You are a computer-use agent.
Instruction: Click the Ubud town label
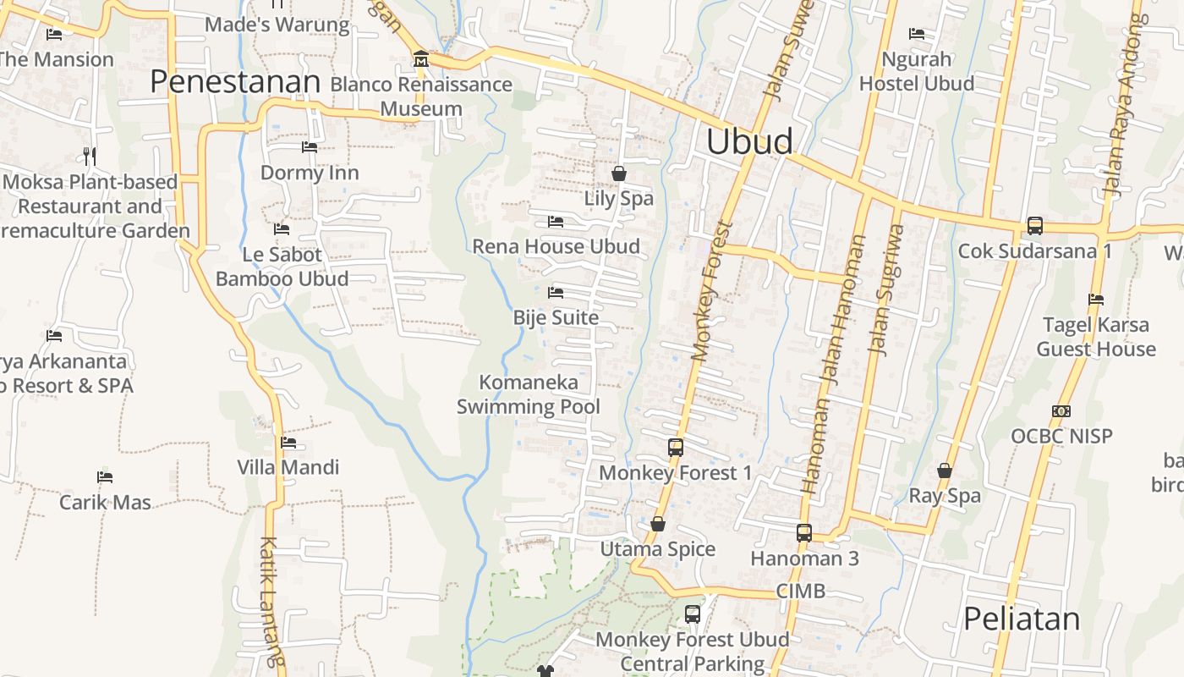pyautogui.click(x=749, y=141)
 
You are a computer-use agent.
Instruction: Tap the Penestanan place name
pyautogui.click(x=235, y=82)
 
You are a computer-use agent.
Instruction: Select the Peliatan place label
pyautogui.click(x=1022, y=619)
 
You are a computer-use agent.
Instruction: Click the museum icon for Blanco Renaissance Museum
pyautogui.click(x=420, y=59)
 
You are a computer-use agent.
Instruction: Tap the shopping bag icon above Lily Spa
pyautogui.click(x=619, y=173)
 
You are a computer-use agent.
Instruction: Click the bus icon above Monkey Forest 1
pyautogui.click(x=675, y=448)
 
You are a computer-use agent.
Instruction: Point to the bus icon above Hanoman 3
pyautogui.click(x=804, y=533)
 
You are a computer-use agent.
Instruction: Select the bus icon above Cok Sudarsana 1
pyautogui.click(x=1035, y=226)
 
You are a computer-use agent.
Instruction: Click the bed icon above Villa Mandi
pyautogui.click(x=288, y=442)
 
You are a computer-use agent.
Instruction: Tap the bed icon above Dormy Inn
pyautogui.click(x=310, y=147)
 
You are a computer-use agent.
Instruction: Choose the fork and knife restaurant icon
pyautogui.click(x=90, y=156)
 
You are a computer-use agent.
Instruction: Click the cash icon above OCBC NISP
pyautogui.click(x=1061, y=411)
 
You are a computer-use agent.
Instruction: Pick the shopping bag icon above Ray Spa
pyautogui.click(x=945, y=471)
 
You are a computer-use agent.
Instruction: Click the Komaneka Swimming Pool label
pyautogui.click(x=529, y=394)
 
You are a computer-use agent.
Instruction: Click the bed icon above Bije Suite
pyautogui.click(x=556, y=293)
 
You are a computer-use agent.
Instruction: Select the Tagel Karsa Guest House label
pyautogui.click(x=1096, y=337)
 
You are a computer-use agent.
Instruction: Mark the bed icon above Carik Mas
pyautogui.click(x=105, y=477)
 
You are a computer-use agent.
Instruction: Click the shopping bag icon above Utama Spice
pyautogui.click(x=658, y=525)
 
